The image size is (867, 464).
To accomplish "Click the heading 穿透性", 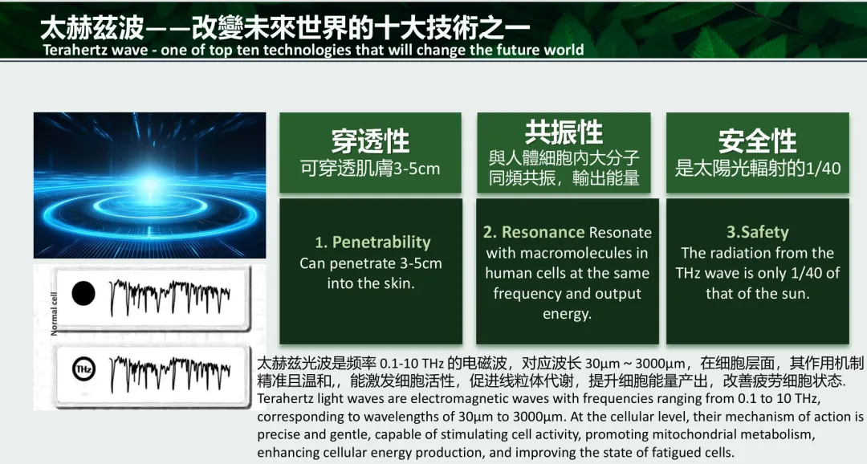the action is [370, 141].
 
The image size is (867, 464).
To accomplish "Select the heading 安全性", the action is [758, 141].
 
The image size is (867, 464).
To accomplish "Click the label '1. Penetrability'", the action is [372, 242].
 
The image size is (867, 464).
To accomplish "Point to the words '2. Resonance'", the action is [534, 232].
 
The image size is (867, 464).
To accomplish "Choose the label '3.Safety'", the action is [758, 232].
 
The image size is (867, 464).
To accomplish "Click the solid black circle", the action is [83, 293].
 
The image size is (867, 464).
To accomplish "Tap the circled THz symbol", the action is [83, 369].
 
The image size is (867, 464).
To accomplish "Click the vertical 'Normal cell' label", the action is [54, 313].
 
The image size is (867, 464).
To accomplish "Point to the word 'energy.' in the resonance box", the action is [568, 315].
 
